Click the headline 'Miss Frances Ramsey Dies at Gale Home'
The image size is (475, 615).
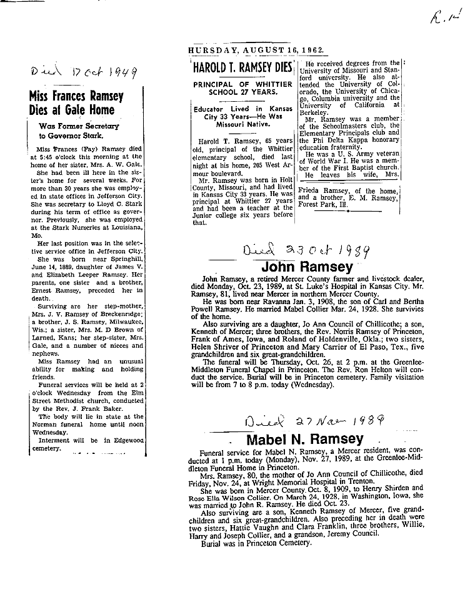(76, 103)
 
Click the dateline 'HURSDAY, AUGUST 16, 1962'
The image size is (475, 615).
(255, 51)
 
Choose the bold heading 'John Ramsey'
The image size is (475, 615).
(311, 267)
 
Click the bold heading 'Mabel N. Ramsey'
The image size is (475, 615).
(304, 440)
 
